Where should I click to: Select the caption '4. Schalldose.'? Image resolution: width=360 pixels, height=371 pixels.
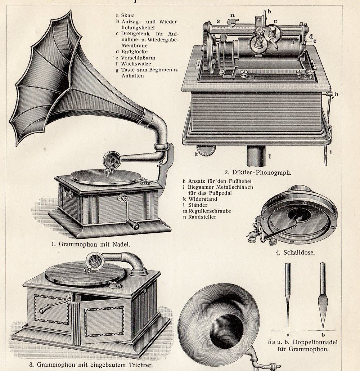point(295,252)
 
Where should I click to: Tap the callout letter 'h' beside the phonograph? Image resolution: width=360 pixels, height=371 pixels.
point(336,94)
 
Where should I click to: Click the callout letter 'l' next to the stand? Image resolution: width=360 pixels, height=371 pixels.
point(270,156)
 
